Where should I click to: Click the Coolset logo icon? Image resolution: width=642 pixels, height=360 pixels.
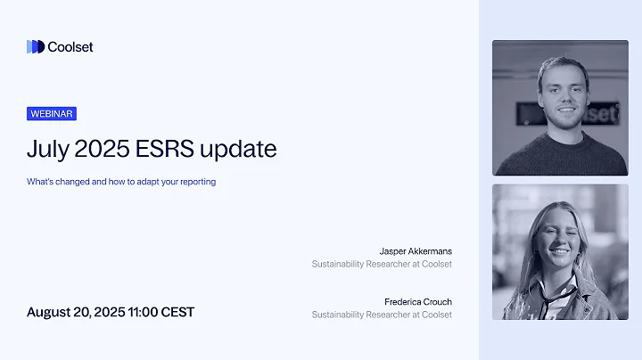pyautogui.click(x=35, y=47)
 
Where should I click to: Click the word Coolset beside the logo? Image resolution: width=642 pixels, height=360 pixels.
pyautogui.click(x=70, y=47)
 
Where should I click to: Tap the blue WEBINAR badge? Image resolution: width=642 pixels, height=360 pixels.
pyautogui.click(x=52, y=114)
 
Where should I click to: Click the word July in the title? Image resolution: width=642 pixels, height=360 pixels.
pyautogui.click(x=48, y=148)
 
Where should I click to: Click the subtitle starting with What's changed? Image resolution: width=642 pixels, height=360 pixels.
pyautogui.click(x=121, y=182)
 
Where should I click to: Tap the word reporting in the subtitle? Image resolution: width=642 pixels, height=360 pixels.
pyautogui.click(x=197, y=182)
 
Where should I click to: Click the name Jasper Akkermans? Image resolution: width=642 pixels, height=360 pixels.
pyautogui.click(x=416, y=250)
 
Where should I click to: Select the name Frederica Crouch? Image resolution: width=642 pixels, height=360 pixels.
pyautogui.click(x=417, y=301)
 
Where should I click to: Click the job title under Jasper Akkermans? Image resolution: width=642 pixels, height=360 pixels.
pyautogui.click(x=382, y=264)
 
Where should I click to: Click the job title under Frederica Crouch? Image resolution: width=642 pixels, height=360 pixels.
pyautogui.click(x=382, y=315)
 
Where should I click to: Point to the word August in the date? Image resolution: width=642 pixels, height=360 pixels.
pyautogui.click(x=51, y=312)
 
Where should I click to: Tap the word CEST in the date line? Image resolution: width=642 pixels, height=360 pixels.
pyautogui.click(x=177, y=312)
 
